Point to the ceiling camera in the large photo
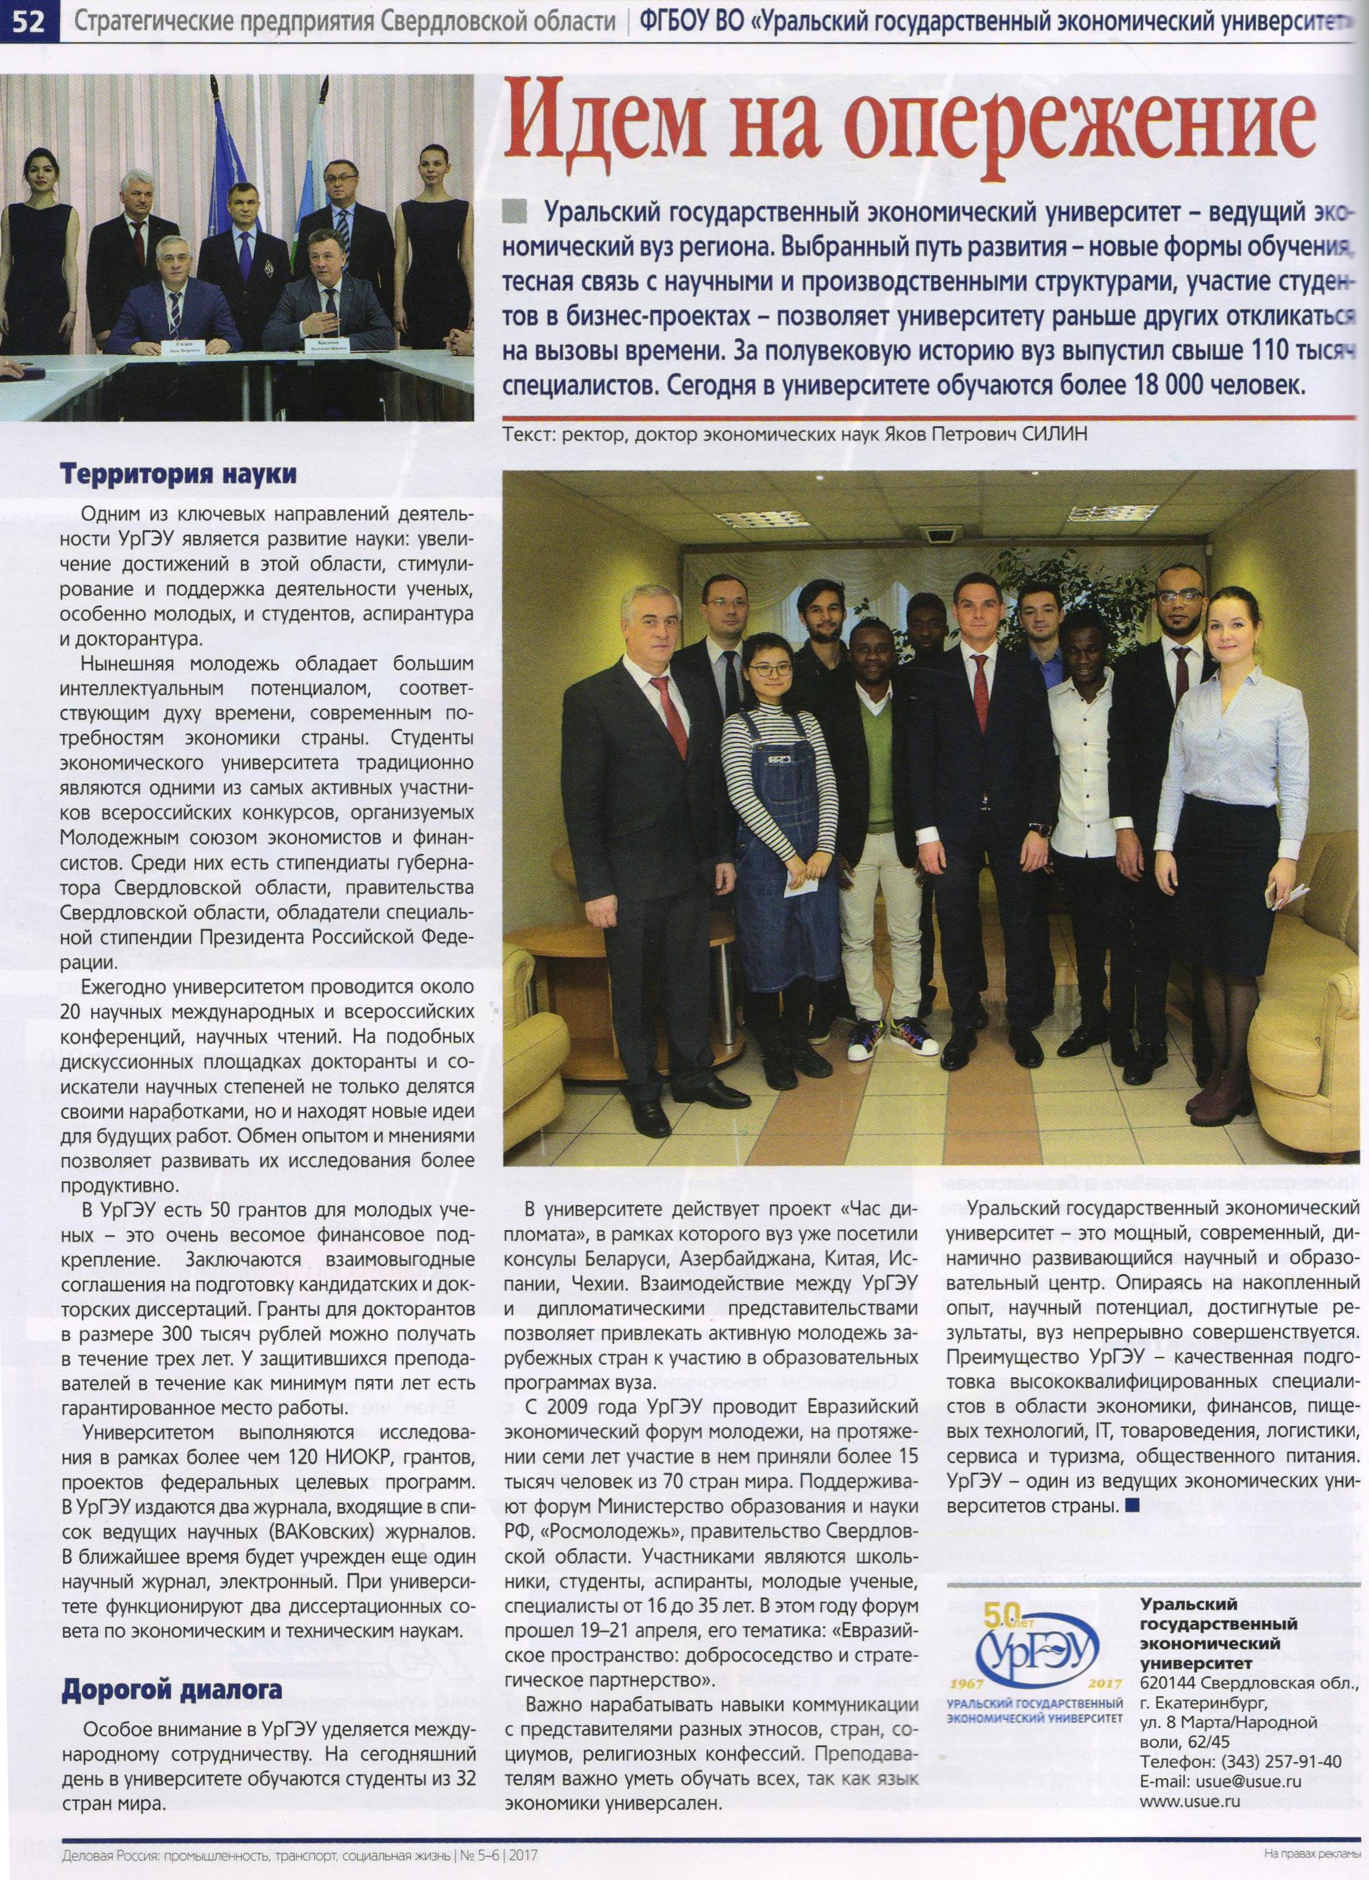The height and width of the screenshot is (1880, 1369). tap(941, 536)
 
